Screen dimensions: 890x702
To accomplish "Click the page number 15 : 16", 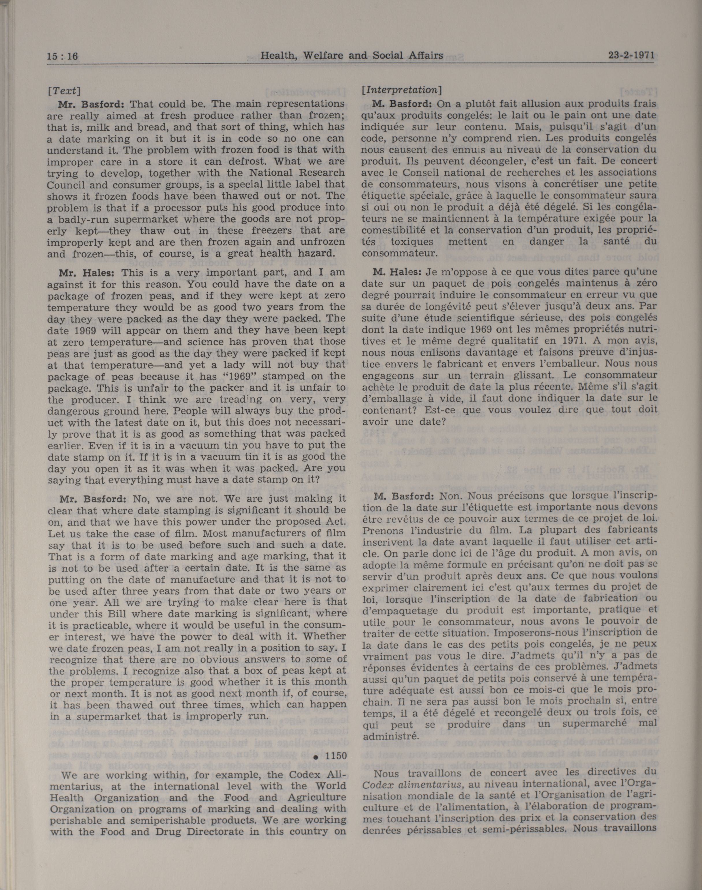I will pos(62,56).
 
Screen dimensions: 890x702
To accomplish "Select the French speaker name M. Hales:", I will pos(397,271).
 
